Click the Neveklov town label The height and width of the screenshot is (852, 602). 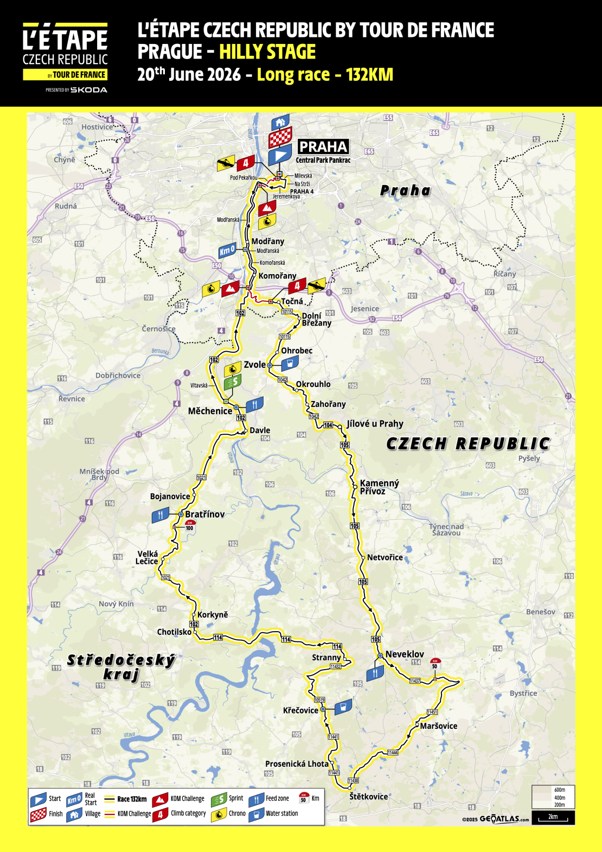[x=405, y=654]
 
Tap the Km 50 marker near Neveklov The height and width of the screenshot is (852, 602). [x=435, y=664]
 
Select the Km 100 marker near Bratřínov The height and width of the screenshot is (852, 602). [x=189, y=525]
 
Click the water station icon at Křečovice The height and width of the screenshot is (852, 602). [x=343, y=707]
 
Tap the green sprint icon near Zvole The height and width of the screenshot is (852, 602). [x=232, y=382]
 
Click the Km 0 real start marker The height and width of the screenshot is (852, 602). [x=227, y=251]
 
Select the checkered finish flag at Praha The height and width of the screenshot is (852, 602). [x=280, y=138]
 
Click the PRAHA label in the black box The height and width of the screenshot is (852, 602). [x=323, y=147]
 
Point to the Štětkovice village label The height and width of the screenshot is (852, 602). [x=369, y=797]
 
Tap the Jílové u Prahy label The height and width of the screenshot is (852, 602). [x=375, y=424]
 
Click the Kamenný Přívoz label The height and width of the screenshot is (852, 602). [x=379, y=487]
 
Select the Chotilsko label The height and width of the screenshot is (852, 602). [x=174, y=632]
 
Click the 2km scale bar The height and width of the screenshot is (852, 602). [x=553, y=817]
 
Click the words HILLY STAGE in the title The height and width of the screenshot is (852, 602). [x=267, y=52]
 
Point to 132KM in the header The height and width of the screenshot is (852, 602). [x=369, y=74]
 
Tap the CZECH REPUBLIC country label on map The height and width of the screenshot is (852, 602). [x=468, y=444]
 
